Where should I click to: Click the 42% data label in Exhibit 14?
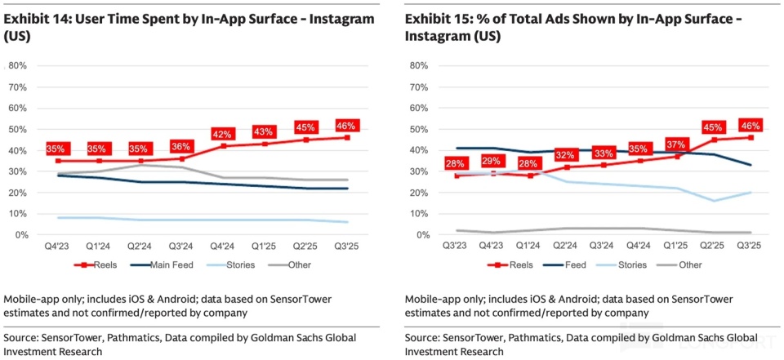(x=224, y=135)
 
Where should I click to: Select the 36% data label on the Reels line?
(x=181, y=147)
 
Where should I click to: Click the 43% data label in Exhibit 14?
(x=263, y=132)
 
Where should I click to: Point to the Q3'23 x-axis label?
(x=454, y=246)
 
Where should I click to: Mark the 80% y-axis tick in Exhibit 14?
(x=17, y=65)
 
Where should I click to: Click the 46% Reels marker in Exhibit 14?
(x=347, y=137)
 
